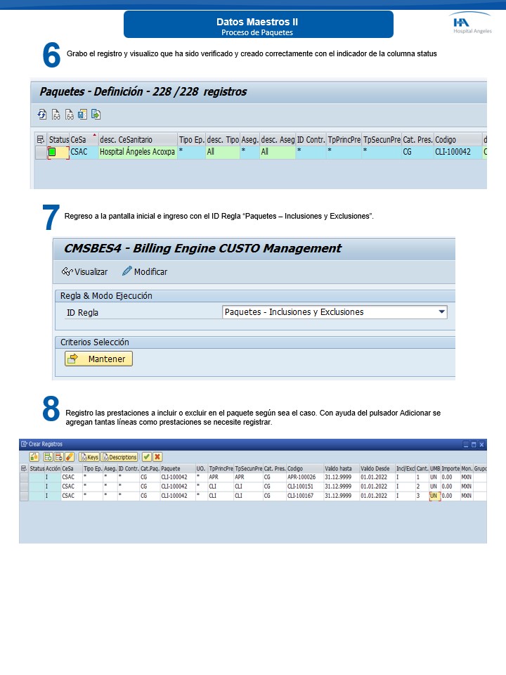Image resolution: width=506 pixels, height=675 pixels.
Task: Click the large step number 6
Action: click(x=51, y=56)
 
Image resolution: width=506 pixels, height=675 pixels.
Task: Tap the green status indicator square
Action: click(x=52, y=152)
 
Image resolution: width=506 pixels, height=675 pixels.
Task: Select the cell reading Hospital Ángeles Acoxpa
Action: click(x=137, y=152)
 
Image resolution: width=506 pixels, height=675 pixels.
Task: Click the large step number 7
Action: click(x=51, y=217)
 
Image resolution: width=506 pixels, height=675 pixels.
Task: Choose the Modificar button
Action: click(x=145, y=271)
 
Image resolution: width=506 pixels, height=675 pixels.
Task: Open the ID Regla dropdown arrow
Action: click(x=441, y=312)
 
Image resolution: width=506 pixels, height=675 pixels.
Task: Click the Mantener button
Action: click(x=98, y=359)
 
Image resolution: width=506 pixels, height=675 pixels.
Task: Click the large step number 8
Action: click(x=51, y=409)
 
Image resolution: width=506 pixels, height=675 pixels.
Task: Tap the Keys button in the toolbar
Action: click(x=89, y=457)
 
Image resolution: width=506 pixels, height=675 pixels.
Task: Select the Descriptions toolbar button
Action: click(x=119, y=457)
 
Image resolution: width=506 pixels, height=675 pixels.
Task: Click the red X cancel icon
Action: click(x=157, y=457)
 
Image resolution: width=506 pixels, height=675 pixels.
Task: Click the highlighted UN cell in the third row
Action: click(x=434, y=496)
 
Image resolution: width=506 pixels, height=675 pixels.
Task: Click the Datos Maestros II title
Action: click(x=257, y=22)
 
